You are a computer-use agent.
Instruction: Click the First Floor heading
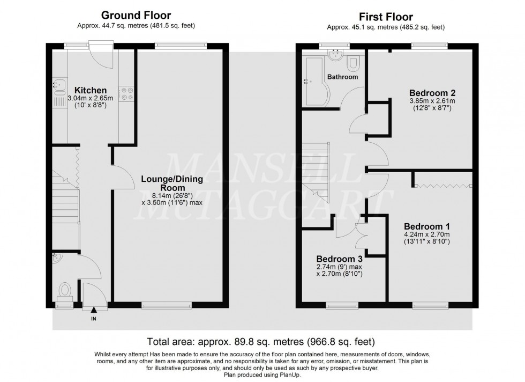[386, 17]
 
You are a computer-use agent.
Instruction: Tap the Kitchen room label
[90, 90]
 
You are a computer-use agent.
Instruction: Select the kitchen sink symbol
[58, 85]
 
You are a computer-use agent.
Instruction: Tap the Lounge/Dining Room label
[168, 183]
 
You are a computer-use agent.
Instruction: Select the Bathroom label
[343, 77]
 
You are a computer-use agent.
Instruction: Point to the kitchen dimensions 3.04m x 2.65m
[90, 98]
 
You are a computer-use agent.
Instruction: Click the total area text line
[261, 341]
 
